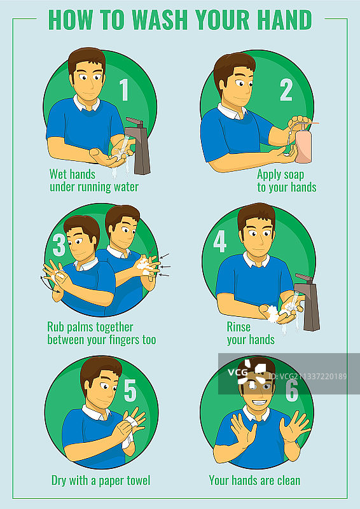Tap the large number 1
pos(124,89)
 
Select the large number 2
pos(286,89)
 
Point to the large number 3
pos(59,244)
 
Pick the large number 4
pos(220,242)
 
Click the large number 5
pos(130,391)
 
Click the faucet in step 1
pos(139,146)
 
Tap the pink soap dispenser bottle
pos(303,144)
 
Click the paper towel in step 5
pos(129,431)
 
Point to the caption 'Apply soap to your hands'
pos(287,181)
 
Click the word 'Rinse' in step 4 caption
pos(239,327)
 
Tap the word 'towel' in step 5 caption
pos(137,480)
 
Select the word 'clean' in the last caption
pos(287,480)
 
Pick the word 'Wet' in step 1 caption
pos(58,174)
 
